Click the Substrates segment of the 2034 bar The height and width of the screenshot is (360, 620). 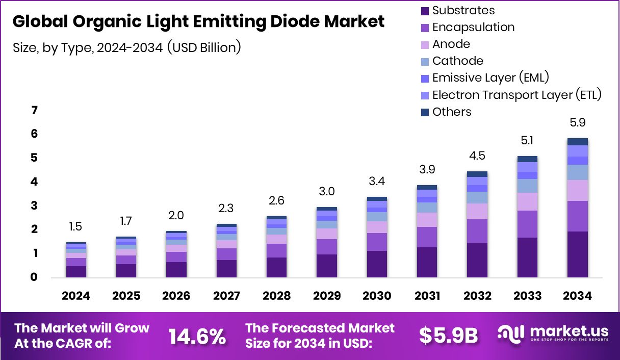(577, 254)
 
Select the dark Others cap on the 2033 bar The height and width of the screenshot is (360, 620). (527, 159)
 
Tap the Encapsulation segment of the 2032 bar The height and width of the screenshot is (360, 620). (477, 231)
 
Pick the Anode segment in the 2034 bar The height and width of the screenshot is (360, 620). (577, 190)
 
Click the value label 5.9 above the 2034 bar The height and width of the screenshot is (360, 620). (577, 123)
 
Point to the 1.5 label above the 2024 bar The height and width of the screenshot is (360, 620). (75, 227)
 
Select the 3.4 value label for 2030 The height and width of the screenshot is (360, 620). (377, 182)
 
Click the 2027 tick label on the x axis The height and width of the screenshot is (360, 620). (226, 296)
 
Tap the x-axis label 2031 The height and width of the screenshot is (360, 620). (427, 296)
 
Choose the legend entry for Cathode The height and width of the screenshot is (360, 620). (457, 61)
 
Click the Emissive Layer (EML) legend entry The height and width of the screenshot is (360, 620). (490, 78)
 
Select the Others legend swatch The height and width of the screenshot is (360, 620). (425, 112)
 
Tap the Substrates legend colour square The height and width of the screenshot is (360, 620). (425, 11)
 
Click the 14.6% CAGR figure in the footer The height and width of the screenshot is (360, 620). (197, 336)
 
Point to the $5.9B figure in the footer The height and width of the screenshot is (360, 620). (448, 336)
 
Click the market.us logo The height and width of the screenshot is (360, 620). (553, 334)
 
